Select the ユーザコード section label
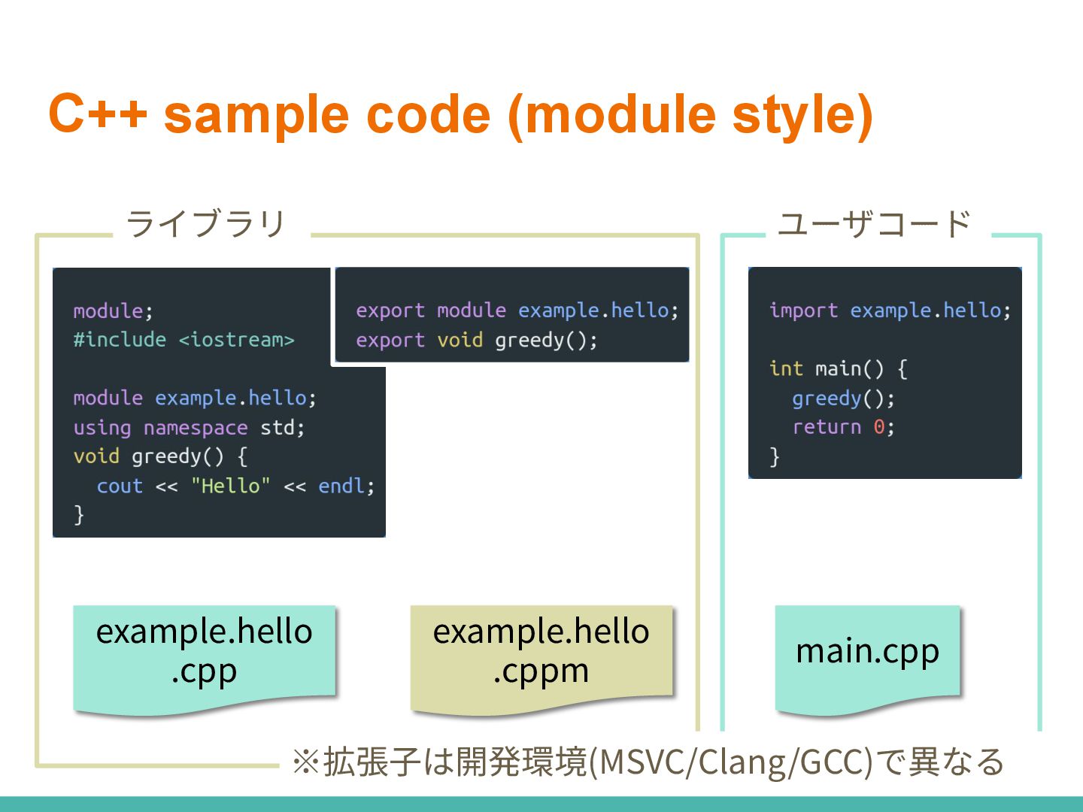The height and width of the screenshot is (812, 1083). click(x=874, y=223)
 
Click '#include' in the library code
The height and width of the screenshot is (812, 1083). click(x=120, y=340)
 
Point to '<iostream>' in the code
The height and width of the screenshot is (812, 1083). click(x=236, y=340)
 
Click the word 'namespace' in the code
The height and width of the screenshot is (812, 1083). click(x=196, y=428)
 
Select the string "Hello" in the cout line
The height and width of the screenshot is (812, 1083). click(x=230, y=486)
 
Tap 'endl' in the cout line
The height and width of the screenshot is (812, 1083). click(x=341, y=486)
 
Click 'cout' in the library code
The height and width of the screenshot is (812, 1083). click(x=120, y=486)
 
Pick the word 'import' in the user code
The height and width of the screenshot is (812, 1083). click(x=803, y=311)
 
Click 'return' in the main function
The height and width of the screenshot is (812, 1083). click(x=827, y=427)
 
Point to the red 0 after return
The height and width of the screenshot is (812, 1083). click(x=878, y=427)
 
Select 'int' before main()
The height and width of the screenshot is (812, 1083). click(x=786, y=368)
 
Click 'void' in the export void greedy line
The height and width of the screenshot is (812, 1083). click(x=460, y=341)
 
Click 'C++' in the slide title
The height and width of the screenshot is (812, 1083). click(x=98, y=114)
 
